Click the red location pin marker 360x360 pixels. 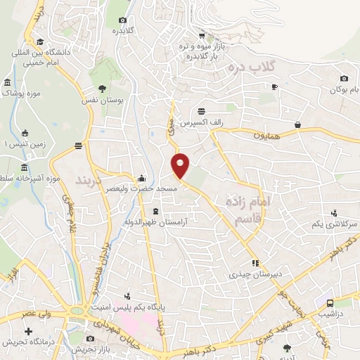click(x=181, y=165)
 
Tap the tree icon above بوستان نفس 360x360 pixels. click(x=103, y=89)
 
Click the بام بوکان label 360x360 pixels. click(x=345, y=90)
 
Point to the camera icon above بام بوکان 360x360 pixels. click(x=343, y=79)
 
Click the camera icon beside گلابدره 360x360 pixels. click(x=123, y=20)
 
